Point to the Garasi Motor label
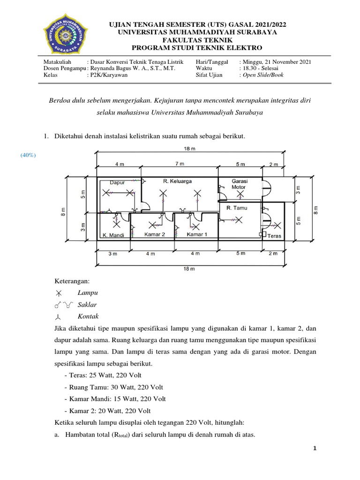coord(239,183)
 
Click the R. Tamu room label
coord(237,207)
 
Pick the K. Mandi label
coord(113,235)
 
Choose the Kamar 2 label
coord(154,234)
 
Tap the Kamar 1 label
coord(197,234)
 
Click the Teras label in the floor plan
coord(275,236)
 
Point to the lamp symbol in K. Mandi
coord(115,219)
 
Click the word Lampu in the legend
coord(88,292)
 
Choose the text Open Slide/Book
coord(263,75)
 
